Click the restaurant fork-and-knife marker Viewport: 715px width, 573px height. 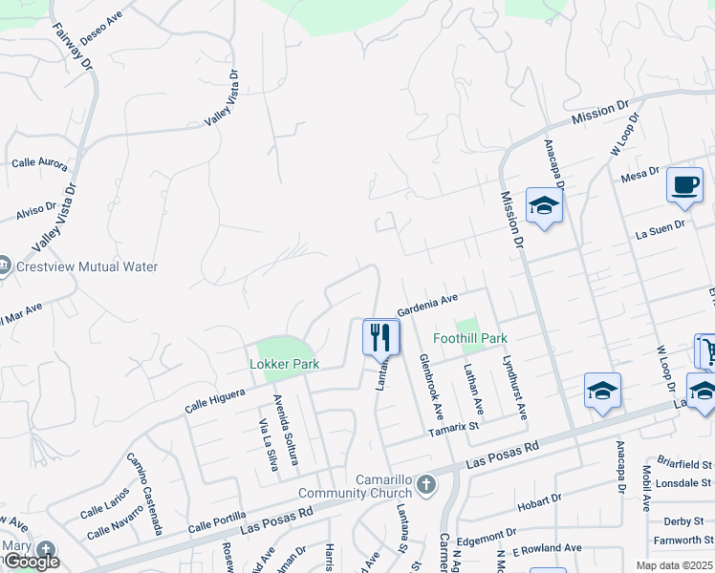coord(380,336)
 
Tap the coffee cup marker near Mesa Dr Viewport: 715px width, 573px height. coord(684,184)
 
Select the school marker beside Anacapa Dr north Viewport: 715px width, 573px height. coord(544,206)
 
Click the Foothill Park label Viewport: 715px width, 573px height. coord(469,338)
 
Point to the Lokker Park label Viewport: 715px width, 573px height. coord(284,364)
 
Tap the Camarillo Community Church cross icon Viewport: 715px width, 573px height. coord(426,484)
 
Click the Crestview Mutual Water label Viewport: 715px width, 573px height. coord(86,267)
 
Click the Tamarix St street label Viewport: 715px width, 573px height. coord(453,429)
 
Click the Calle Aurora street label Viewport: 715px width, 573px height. coord(39,163)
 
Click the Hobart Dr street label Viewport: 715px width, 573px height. coord(538,501)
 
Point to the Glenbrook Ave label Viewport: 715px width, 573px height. coord(432,388)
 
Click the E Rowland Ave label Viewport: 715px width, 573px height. coord(547,548)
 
